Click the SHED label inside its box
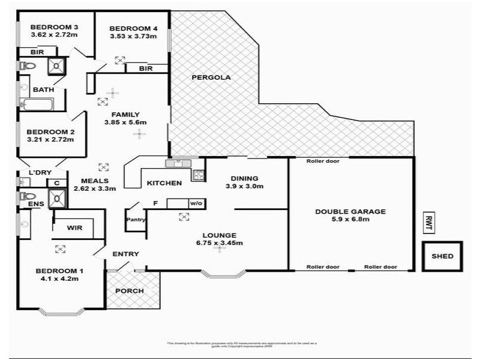tap(443, 257)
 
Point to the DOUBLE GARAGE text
tap(350, 211)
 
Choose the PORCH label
tap(130, 291)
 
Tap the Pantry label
tap(136, 220)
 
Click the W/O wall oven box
tap(196, 203)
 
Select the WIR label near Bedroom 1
tap(74, 228)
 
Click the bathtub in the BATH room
tap(37, 106)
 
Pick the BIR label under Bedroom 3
tap(30, 52)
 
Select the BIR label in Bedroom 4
tap(145, 68)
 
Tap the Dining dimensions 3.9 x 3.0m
tap(244, 187)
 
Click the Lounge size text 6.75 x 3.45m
tap(219, 243)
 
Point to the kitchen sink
tap(179, 162)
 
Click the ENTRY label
tap(125, 254)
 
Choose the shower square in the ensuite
tap(58, 197)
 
